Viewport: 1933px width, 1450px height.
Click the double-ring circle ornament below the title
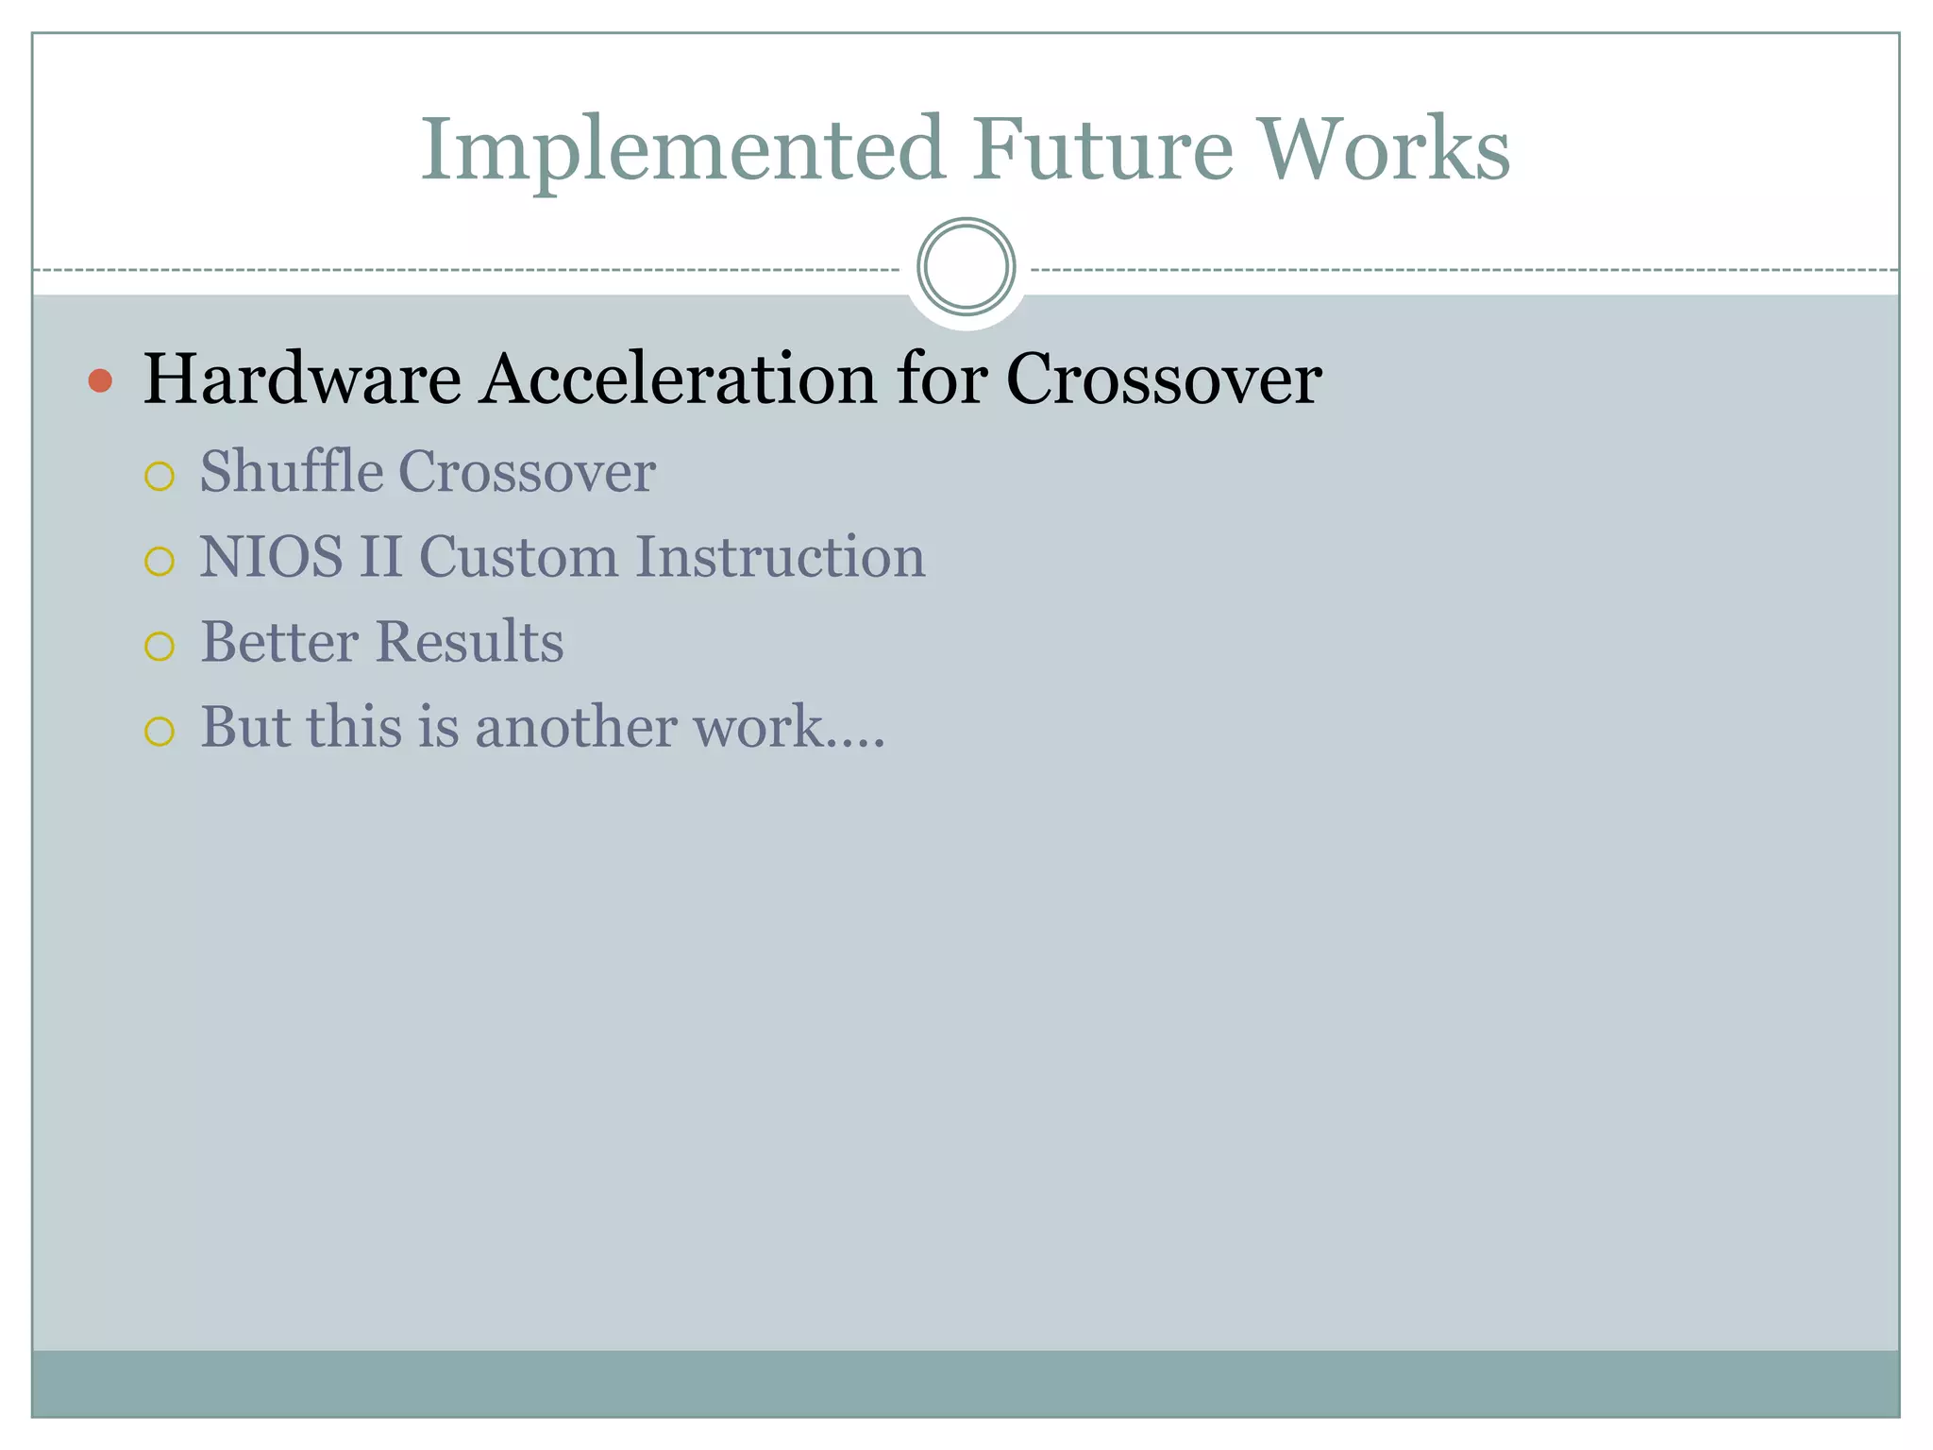tap(966, 266)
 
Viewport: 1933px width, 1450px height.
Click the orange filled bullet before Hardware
tap(100, 381)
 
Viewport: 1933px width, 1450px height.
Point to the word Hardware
tap(302, 379)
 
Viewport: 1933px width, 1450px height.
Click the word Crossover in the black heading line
tap(1163, 379)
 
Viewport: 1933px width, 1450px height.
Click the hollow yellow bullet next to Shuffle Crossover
tap(160, 477)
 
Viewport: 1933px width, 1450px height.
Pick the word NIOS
tap(271, 557)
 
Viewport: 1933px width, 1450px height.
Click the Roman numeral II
tap(379, 557)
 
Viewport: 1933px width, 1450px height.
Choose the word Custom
tap(518, 557)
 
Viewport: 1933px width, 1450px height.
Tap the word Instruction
tap(780, 557)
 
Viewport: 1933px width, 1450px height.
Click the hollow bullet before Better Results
tap(160, 647)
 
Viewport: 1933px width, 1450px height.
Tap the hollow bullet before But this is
tap(160, 732)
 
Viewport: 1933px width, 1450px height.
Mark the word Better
tap(279, 642)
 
